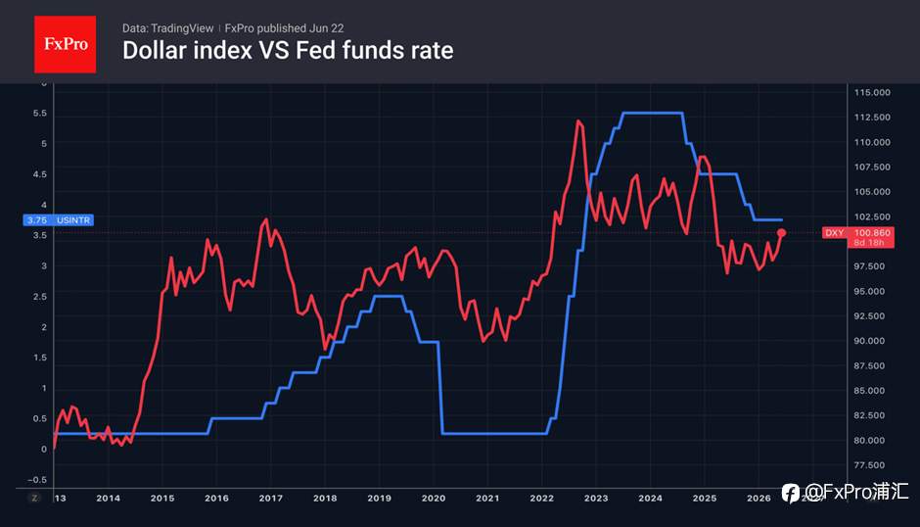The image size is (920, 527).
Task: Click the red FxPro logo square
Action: click(x=66, y=45)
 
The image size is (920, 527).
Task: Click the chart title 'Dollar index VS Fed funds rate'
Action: click(x=288, y=51)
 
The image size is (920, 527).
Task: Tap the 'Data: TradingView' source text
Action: click(x=167, y=28)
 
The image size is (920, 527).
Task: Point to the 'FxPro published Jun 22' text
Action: click(x=284, y=28)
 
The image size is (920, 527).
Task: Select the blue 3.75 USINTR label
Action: click(x=58, y=220)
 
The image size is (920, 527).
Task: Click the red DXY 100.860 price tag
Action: click(x=857, y=237)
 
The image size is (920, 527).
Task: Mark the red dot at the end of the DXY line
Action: click(x=782, y=233)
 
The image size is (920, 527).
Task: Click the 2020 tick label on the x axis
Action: click(x=434, y=499)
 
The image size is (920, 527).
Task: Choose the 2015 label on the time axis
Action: click(x=162, y=499)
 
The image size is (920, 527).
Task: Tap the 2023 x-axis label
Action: click(x=596, y=499)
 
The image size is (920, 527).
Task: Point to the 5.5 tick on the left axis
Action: click(x=40, y=114)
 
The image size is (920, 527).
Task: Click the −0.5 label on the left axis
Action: click(x=37, y=480)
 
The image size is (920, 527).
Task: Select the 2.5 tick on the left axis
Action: click(x=40, y=297)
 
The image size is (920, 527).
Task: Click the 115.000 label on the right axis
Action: click(x=872, y=93)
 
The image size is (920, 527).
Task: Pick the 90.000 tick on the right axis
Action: click(x=869, y=341)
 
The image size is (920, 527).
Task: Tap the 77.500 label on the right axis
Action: click(x=869, y=465)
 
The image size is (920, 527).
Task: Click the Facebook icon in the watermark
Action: click(x=791, y=493)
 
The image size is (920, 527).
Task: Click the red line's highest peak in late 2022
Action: click(x=578, y=121)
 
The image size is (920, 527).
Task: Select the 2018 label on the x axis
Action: click(x=325, y=499)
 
